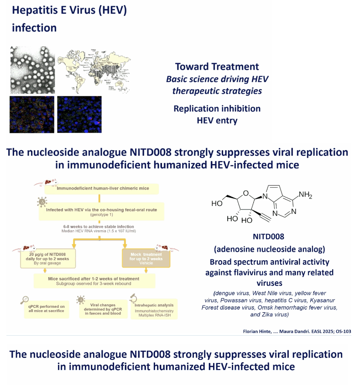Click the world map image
pyautogui.click(x=94, y=71)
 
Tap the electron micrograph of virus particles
pyautogui.click(x=32, y=70)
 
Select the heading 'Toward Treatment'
pyautogui.click(x=217, y=67)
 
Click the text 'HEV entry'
pyautogui.click(x=217, y=120)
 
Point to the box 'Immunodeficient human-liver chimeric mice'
pyautogui.click(x=102, y=189)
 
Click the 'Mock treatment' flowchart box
pyautogui.click(x=146, y=258)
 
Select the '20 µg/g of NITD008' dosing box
pyautogui.click(x=47, y=258)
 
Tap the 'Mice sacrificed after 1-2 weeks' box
pyautogui.click(x=94, y=281)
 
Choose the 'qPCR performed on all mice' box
pyautogui.click(x=47, y=309)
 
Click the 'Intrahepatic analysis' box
pyautogui.click(x=154, y=309)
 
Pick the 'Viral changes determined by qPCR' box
pyautogui.click(x=103, y=309)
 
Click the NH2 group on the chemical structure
pyautogui.click(x=305, y=195)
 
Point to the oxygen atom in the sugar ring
pyautogui.click(x=246, y=194)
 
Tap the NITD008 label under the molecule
pyautogui.click(x=269, y=237)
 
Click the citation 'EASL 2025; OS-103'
pyautogui.click(x=331, y=331)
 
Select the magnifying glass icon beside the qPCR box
pyautogui.click(x=25, y=300)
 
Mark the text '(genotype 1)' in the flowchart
pyautogui.click(x=102, y=215)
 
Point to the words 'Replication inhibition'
pyautogui.click(x=217, y=109)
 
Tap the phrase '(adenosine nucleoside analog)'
pyautogui.click(x=270, y=249)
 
